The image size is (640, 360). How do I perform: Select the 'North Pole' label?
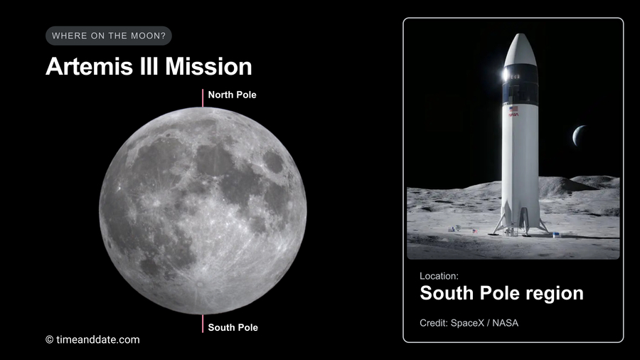(x=232, y=94)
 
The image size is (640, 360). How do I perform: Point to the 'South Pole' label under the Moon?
(x=233, y=327)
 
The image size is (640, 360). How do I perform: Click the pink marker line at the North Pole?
(x=203, y=97)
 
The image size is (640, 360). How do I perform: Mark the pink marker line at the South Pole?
(x=203, y=323)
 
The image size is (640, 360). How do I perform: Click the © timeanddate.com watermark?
(x=92, y=339)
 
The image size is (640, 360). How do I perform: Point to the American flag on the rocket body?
(x=513, y=107)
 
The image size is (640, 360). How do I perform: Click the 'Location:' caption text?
(x=439, y=275)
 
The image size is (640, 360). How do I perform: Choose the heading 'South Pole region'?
(x=501, y=292)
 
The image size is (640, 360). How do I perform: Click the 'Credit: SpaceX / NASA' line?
(x=469, y=323)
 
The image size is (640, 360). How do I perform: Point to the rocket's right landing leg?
(x=540, y=221)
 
